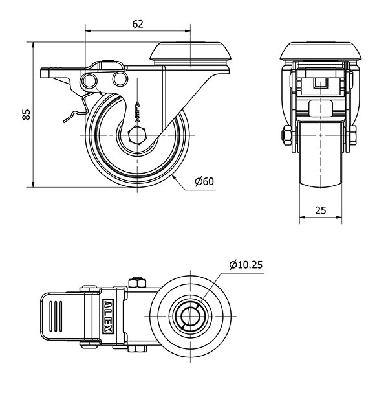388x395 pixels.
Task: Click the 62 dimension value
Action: (x=138, y=24)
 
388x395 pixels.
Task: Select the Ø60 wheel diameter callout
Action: (x=204, y=181)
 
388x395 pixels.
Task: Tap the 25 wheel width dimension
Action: (x=321, y=210)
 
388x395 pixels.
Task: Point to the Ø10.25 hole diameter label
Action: (x=246, y=264)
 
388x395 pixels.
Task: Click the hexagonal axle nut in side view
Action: (x=137, y=135)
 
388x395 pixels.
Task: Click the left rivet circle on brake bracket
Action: (x=89, y=80)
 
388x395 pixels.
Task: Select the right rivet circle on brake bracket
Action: (x=120, y=79)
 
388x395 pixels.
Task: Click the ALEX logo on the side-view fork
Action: (x=137, y=112)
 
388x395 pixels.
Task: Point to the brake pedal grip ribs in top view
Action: (x=56, y=316)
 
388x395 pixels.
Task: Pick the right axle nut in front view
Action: (x=353, y=135)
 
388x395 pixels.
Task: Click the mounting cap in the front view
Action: (x=321, y=51)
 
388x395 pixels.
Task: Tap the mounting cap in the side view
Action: (x=190, y=53)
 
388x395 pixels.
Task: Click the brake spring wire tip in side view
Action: (x=64, y=122)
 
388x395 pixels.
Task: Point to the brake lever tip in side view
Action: (x=41, y=73)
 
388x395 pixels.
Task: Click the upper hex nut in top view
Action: (x=137, y=282)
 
